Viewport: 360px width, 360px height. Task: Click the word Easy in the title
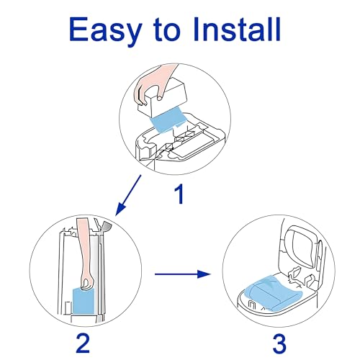(x=105, y=31)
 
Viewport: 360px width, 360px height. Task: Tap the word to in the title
(x=167, y=30)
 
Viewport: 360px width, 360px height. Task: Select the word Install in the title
(x=237, y=29)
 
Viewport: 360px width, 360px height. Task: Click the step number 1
(x=179, y=194)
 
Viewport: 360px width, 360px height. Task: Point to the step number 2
(x=83, y=343)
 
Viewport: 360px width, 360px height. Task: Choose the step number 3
(x=279, y=343)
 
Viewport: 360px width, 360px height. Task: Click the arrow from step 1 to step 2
(x=128, y=195)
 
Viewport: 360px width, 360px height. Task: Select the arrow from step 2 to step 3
(x=183, y=274)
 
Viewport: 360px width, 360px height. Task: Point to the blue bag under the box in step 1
(x=168, y=119)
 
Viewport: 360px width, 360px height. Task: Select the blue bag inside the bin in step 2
(x=84, y=301)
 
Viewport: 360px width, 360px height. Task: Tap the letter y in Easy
(x=131, y=35)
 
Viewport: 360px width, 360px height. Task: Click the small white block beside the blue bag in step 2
(x=68, y=308)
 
